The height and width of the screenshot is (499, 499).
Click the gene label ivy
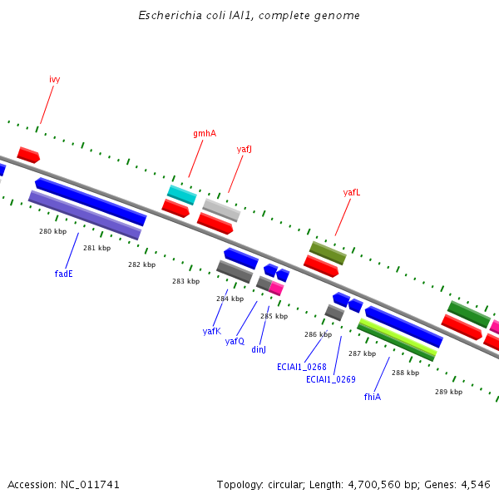tap(55, 79)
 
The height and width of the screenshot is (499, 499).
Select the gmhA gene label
tap(205, 133)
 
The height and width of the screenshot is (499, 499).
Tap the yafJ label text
tap(244, 150)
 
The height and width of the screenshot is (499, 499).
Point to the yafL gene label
tap(352, 192)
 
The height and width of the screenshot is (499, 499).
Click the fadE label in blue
tap(64, 273)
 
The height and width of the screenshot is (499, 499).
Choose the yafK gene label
tap(212, 331)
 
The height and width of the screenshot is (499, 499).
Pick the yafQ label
tap(235, 341)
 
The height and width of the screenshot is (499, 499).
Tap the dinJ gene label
tap(259, 349)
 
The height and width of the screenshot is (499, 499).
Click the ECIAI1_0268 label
tap(302, 366)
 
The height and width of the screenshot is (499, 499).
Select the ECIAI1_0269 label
tap(331, 379)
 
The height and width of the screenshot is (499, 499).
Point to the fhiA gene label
tap(373, 397)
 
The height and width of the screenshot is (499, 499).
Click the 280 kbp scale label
tap(52, 231)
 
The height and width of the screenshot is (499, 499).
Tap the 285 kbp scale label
tap(274, 316)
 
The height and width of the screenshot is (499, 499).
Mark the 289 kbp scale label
tap(448, 391)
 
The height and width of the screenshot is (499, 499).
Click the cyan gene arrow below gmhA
tap(181, 195)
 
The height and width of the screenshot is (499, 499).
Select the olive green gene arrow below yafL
tap(328, 253)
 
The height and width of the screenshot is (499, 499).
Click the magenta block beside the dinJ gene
tap(276, 289)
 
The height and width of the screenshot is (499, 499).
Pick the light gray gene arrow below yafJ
tap(221, 210)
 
